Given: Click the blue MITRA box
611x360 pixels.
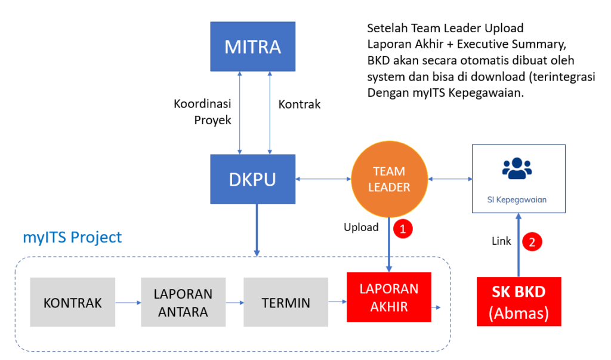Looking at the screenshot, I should [x=252, y=45].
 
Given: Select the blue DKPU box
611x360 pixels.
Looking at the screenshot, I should [x=252, y=179].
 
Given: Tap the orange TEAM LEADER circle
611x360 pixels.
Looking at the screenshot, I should [x=388, y=179].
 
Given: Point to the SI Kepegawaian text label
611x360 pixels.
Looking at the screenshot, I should [x=517, y=200].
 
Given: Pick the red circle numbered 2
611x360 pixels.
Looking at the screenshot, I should [x=531, y=242].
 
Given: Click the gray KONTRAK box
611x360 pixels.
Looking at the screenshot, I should [x=72, y=302].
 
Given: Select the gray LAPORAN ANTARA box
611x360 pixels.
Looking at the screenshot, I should [x=183, y=302].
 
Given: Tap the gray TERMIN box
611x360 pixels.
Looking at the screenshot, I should [x=286, y=302].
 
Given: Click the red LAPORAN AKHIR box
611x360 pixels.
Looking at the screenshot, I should [x=388, y=297].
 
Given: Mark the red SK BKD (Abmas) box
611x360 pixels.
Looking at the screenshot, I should [x=519, y=301].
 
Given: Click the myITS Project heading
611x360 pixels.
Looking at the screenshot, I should [x=72, y=237].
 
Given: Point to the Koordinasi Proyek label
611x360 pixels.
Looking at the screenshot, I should [x=202, y=112].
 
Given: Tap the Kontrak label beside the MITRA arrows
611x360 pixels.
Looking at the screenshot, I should [x=299, y=104].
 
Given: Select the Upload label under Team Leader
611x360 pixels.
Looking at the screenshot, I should [x=361, y=227].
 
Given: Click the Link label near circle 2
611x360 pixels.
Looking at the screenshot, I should [x=501, y=241].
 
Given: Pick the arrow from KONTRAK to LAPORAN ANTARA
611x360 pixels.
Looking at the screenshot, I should [x=128, y=303].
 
